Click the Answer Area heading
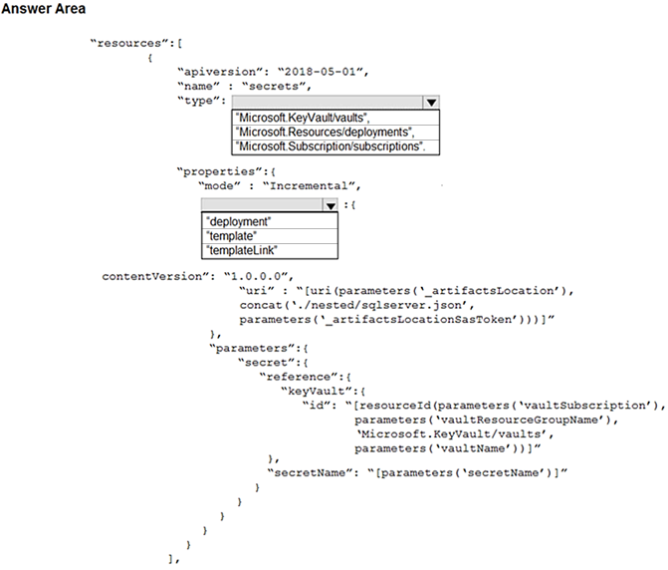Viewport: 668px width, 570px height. pos(44,9)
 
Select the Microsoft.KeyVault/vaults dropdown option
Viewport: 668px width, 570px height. pos(303,118)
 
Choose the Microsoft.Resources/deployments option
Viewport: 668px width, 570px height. pos(326,133)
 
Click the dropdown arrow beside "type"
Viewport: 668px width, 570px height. pos(431,103)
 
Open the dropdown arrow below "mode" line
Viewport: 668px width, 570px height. pos(331,206)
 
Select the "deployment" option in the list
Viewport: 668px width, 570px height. pos(239,221)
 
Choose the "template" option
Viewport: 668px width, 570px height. pos(231,236)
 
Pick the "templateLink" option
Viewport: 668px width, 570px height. pos(242,251)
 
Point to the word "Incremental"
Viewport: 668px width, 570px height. pos(309,186)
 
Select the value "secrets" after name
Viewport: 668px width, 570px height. pos(274,86)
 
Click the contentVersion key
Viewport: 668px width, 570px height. pos(155,277)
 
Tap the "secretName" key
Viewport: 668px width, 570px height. pos(310,473)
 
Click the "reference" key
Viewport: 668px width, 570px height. pos(299,377)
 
